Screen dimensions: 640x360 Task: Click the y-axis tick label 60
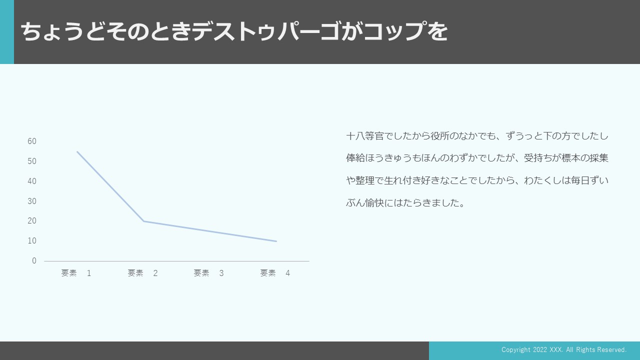[32, 141]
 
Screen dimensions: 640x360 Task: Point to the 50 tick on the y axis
[32, 161]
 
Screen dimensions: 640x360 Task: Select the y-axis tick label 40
[32, 181]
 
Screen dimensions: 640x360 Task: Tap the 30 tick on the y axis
[32, 201]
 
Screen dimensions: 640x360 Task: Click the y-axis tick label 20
[32, 221]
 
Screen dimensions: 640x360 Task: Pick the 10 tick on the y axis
[32, 241]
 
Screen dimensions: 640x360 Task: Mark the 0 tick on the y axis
[34, 261]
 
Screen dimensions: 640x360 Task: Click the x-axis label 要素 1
[76, 273]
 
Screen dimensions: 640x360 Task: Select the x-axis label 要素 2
[142, 273]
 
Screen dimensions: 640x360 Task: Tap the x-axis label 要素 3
[209, 273]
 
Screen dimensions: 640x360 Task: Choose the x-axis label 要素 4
[275, 273]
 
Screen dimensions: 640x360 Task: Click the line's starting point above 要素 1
[77, 151]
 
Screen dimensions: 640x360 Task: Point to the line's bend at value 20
[143, 221]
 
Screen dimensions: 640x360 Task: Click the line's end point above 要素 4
[276, 241]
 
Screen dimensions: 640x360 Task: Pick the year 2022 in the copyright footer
[540, 349]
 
